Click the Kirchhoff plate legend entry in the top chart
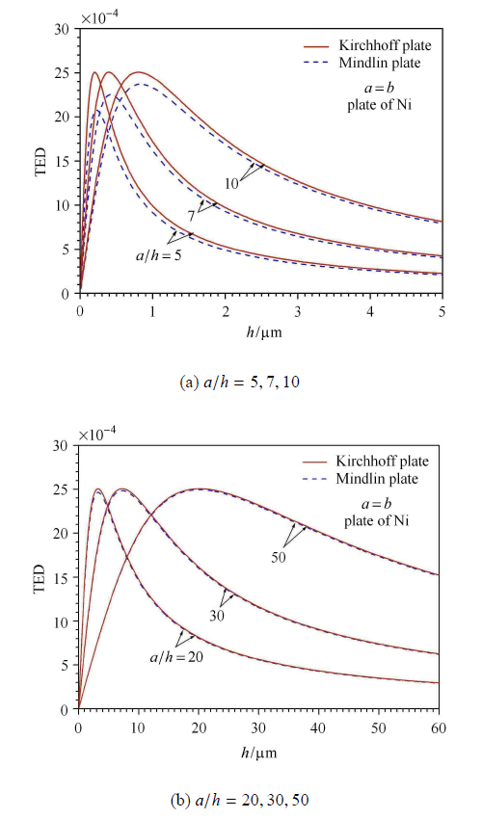367,45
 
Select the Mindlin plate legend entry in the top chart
362,63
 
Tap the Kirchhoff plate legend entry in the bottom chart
365,462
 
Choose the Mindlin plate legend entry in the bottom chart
361,479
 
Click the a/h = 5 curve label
159,256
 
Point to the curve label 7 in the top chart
192,215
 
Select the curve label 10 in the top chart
231,184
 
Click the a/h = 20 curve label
176,657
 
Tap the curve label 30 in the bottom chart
217,616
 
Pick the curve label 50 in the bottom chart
279,557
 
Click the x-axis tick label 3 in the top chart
298,311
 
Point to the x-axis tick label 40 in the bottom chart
318,727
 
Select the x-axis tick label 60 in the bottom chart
439,727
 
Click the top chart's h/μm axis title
264,332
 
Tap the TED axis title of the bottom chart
40,578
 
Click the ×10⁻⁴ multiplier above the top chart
99,17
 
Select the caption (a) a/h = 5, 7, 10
240,383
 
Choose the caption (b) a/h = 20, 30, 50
240,800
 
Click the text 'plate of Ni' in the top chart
379,105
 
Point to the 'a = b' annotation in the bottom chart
376,504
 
